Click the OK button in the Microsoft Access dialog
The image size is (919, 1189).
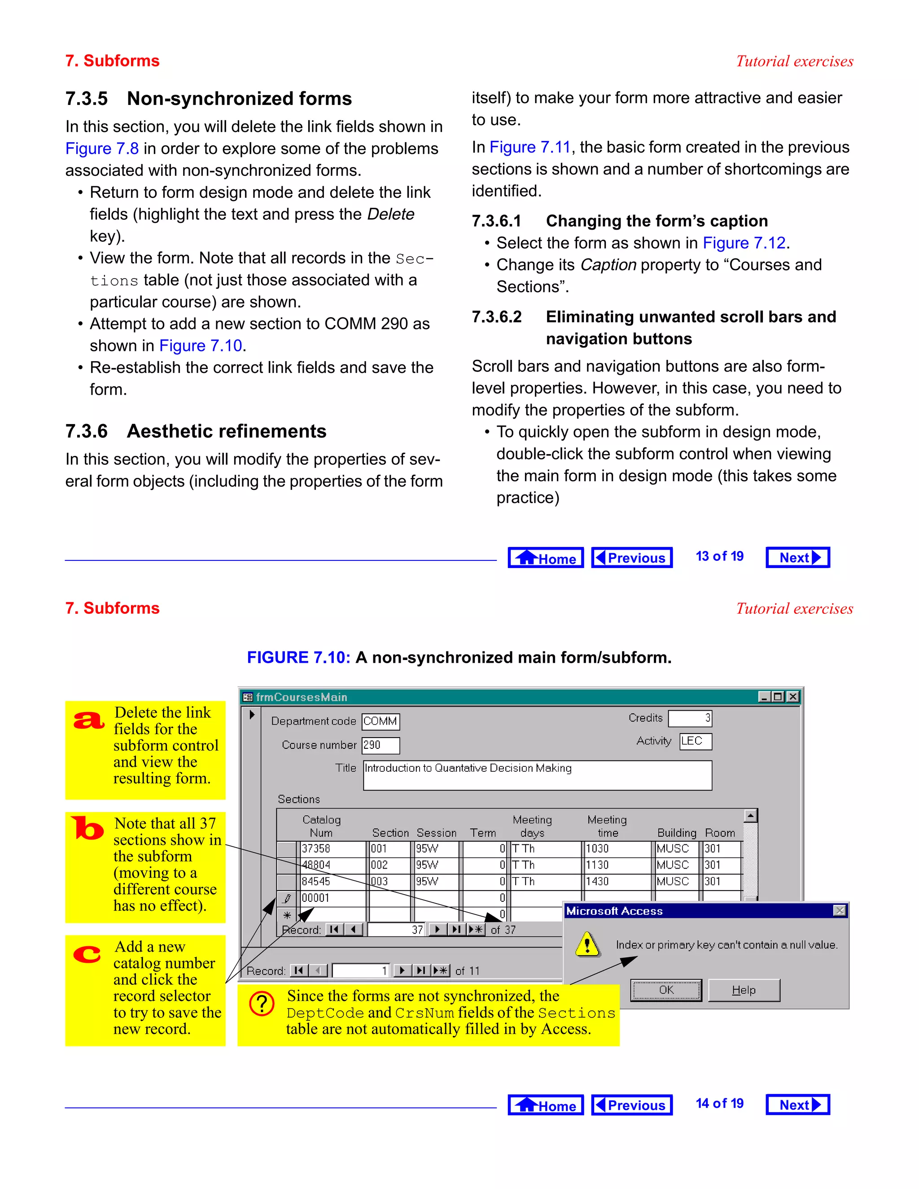pos(666,990)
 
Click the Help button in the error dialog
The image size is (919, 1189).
pos(744,990)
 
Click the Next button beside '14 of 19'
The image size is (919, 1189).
pos(797,1105)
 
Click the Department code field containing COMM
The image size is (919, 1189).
pos(381,721)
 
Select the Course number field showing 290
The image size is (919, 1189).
pos(381,745)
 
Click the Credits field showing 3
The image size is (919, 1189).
pos(690,718)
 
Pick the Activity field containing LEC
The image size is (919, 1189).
pos(695,741)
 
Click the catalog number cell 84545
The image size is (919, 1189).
pos(332,881)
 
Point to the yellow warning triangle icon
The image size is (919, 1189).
pos(587,944)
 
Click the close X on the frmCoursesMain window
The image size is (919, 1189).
pos(793,696)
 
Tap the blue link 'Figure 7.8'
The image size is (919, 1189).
pos(102,149)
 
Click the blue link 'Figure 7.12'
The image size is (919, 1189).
pos(744,243)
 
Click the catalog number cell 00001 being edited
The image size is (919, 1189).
pos(332,898)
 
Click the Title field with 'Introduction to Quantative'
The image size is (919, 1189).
pos(537,775)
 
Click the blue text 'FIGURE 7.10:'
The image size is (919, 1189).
pos(298,658)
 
